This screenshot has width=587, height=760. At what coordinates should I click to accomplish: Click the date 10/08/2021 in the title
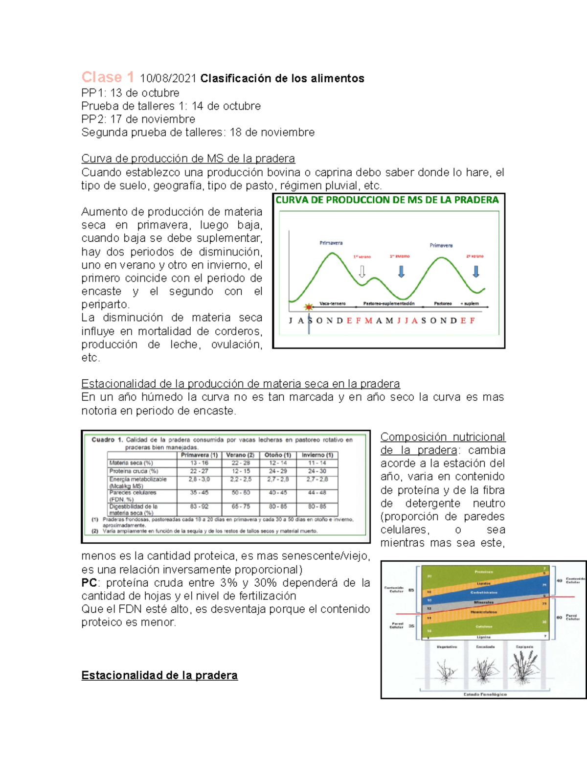tap(168, 79)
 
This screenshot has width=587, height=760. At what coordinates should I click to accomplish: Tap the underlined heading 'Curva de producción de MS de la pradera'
tap(188, 159)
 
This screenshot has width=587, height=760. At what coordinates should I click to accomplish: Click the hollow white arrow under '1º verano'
tap(362, 272)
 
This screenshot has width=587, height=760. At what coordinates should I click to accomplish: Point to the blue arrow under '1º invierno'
tap(401, 272)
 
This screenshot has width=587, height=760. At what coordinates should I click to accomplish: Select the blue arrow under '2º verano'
tap(476, 272)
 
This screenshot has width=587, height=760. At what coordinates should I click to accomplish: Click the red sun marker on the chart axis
tap(308, 307)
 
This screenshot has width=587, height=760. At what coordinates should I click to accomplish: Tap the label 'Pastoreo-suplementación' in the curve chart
tap(388, 304)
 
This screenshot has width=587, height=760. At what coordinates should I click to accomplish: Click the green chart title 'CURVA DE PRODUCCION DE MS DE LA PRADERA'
tap(387, 200)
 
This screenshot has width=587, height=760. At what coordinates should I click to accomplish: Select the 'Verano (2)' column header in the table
tap(240, 455)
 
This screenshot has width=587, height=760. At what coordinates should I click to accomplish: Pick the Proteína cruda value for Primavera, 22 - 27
tap(199, 471)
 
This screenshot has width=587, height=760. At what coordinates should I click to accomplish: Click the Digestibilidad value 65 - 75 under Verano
tap(241, 507)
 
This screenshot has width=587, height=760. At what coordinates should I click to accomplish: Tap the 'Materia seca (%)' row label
tap(131, 463)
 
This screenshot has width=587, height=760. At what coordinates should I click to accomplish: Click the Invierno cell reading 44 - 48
tap(317, 493)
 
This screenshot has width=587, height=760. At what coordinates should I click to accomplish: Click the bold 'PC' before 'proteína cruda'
tap(89, 583)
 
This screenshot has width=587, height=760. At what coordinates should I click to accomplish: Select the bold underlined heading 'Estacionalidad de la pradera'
tap(159, 675)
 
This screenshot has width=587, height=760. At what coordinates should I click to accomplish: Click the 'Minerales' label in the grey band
tap(483, 602)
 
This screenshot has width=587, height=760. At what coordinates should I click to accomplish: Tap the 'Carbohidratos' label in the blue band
tap(483, 593)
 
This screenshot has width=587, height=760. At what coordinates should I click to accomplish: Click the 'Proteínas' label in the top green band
tap(483, 572)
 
